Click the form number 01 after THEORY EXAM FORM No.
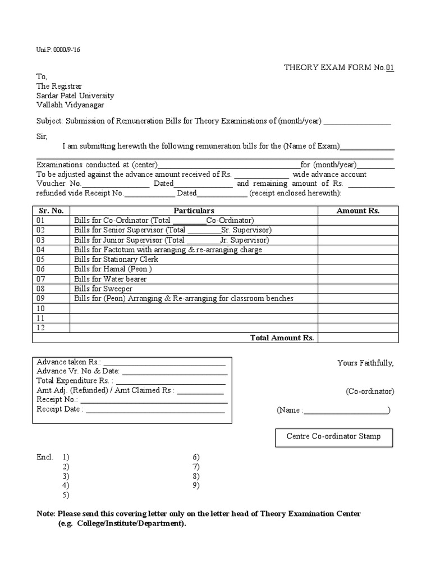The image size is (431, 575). click(389, 68)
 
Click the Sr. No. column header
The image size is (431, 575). click(51, 211)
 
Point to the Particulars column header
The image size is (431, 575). click(194, 211)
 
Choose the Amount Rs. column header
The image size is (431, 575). click(358, 211)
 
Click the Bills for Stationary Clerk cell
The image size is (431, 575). click(116, 259)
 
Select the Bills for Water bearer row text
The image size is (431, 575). click(111, 279)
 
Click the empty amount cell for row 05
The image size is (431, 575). click(358, 259)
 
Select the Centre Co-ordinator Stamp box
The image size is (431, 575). click(333, 436)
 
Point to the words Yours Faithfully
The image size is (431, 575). click(365, 363)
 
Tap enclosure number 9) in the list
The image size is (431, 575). click(196, 485)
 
